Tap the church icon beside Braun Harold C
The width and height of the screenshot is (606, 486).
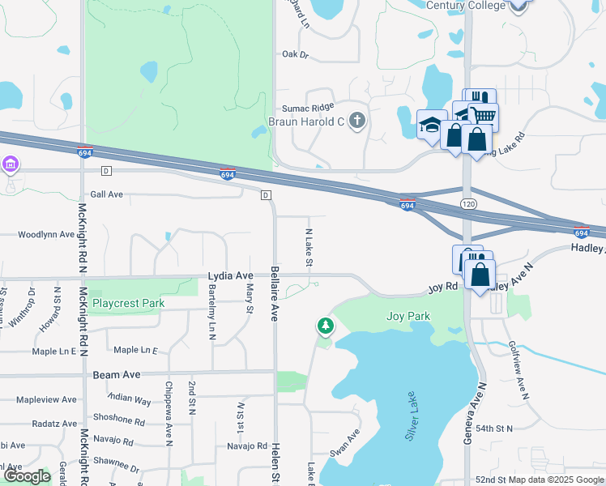coord(356,122)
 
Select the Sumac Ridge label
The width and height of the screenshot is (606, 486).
coord(308,108)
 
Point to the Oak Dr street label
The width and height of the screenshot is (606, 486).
coord(296,54)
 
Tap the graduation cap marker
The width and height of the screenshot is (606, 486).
coord(429,125)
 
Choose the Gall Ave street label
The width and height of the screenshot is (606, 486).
coord(106,194)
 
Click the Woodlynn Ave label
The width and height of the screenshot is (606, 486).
coord(46,235)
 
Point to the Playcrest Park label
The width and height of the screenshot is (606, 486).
coord(128,304)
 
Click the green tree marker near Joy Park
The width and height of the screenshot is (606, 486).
coord(325,326)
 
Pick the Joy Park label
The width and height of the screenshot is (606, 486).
coord(408,316)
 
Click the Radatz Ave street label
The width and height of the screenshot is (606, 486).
coord(54,424)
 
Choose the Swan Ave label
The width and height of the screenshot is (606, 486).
coord(348,445)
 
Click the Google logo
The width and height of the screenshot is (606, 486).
coord(26,476)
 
